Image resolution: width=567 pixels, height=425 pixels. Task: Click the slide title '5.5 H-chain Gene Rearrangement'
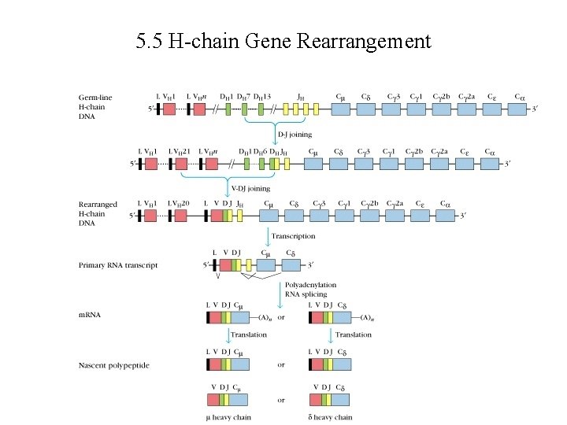click(x=283, y=40)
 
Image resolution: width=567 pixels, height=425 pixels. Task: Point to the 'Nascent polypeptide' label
click(x=113, y=365)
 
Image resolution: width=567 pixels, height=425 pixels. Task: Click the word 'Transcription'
click(x=293, y=236)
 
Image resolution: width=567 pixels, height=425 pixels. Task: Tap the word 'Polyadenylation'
click(x=310, y=285)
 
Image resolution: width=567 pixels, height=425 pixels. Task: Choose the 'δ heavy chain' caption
click(x=331, y=417)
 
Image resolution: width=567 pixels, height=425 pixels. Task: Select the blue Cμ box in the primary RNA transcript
click(x=265, y=265)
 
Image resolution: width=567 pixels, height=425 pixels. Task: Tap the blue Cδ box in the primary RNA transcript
click(x=291, y=265)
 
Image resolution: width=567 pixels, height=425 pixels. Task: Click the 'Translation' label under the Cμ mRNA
click(x=248, y=334)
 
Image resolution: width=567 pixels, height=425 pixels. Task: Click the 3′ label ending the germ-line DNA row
click(x=537, y=110)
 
